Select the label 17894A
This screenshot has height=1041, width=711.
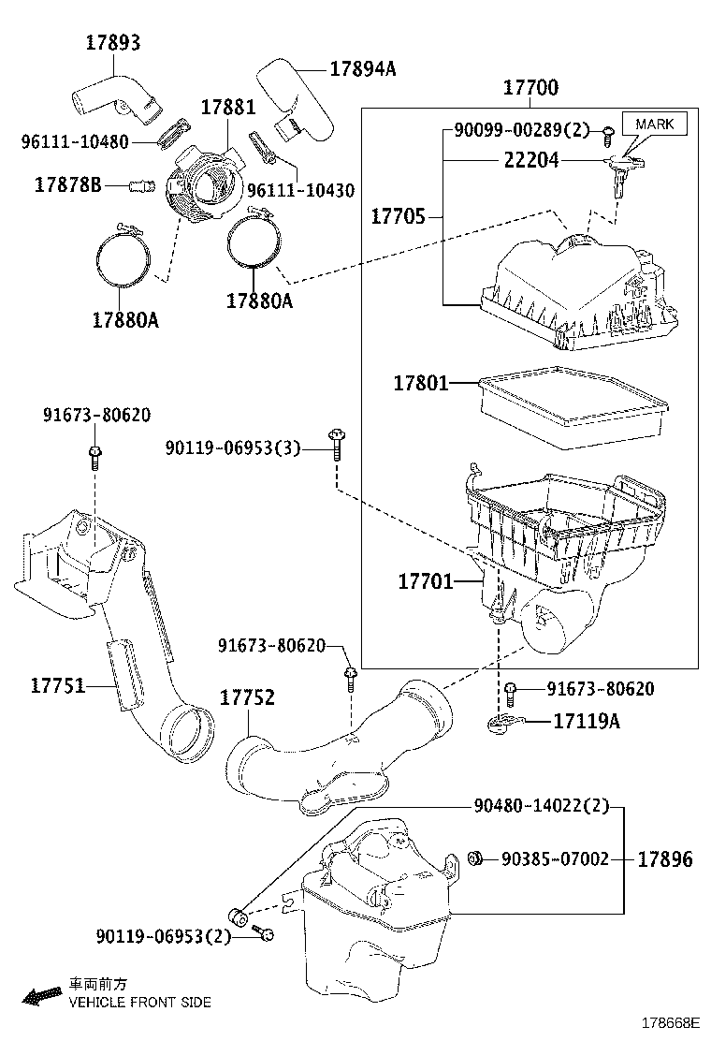point(362,68)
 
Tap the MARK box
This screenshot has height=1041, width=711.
point(660,123)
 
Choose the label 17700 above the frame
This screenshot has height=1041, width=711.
point(530,88)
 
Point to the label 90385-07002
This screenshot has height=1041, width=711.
point(555,858)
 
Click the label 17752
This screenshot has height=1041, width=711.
point(247,697)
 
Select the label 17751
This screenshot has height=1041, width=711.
point(58,685)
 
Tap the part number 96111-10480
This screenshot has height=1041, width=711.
point(75,141)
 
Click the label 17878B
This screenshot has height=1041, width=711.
point(67,184)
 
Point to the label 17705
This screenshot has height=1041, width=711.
point(399,217)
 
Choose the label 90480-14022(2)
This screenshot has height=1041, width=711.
point(541,804)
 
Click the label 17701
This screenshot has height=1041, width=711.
point(426,581)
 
